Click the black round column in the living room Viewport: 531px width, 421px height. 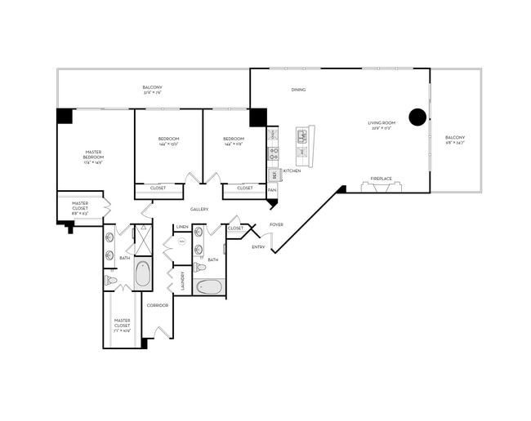(x=417, y=117)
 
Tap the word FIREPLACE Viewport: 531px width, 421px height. (x=382, y=178)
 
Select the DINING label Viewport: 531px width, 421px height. (x=298, y=90)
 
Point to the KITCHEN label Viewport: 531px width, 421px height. (x=292, y=171)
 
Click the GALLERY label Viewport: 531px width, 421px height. (x=199, y=209)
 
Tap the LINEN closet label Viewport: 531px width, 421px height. (x=181, y=227)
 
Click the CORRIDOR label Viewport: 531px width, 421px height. (x=157, y=305)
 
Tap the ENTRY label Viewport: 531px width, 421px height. (x=258, y=246)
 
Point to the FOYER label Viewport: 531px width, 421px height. (x=277, y=224)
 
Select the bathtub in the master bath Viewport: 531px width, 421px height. (x=142, y=274)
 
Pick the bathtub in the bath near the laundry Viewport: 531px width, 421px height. (x=211, y=287)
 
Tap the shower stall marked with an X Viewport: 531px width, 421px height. (x=144, y=240)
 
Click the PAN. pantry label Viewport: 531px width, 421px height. (x=272, y=189)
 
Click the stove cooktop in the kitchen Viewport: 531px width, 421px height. (x=274, y=152)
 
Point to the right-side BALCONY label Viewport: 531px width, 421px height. (x=455, y=140)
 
